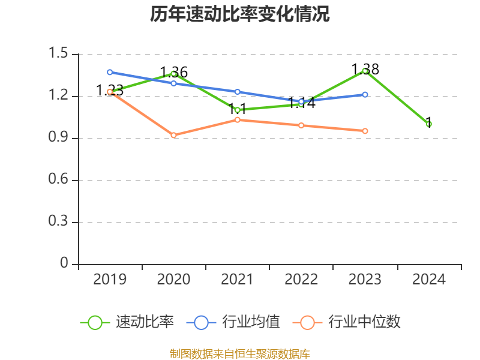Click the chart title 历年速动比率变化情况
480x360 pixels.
(x=240, y=14)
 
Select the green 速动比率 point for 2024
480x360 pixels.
(x=429, y=124)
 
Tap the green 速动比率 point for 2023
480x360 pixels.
(x=365, y=71)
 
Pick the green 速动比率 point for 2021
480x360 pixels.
(x=238, y=110)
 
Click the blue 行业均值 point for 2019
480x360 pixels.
(x=110, y=72)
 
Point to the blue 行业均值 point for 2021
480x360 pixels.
(x=238, y=92)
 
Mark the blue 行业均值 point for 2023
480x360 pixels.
(x=365, y=94)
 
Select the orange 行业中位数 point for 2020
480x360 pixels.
(x=174, y=136)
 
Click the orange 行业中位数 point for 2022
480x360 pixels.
(x=301, y=125)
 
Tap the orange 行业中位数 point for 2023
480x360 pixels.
(x=365, y=131)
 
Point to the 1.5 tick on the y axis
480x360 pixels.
(x=59, y=55)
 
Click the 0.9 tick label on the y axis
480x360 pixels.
(x=59, y=139)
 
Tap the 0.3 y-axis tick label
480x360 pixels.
(x=59, y=223)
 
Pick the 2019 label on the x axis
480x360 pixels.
(x=110, y=280)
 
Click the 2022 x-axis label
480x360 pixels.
(x=301, y=280)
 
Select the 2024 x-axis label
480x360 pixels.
(x=429, y=280)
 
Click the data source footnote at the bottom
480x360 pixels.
(x=240, y=353)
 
